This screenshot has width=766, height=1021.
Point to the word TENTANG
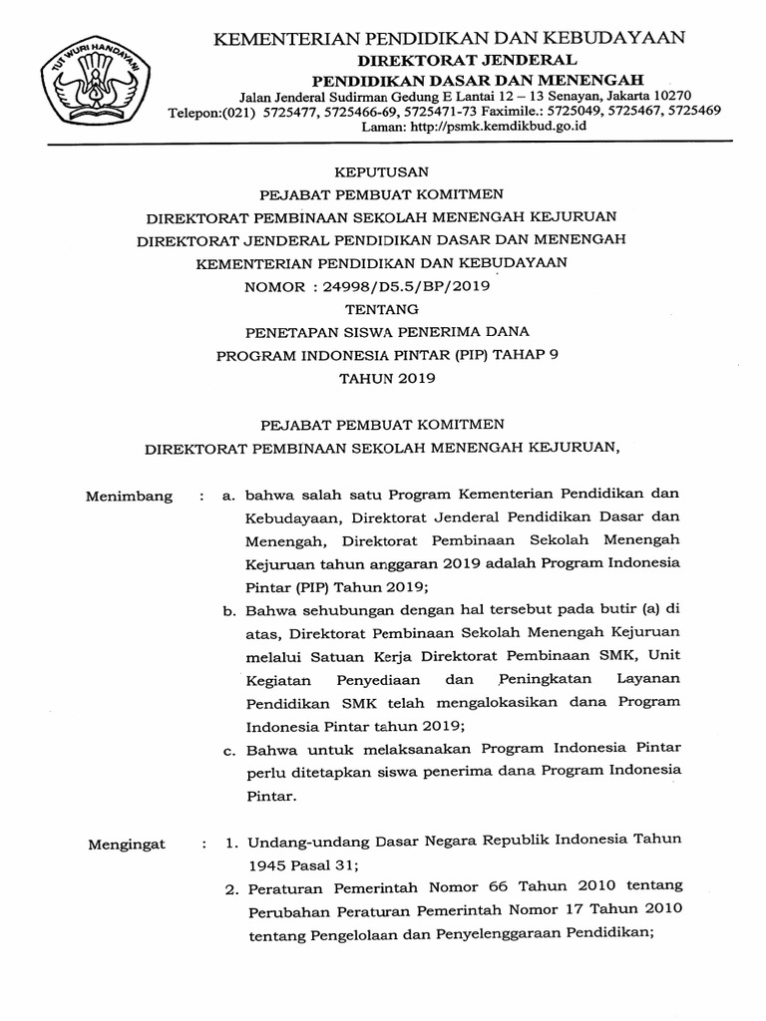381,309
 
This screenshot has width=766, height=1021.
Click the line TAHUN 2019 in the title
381,378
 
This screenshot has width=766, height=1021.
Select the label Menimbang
129,496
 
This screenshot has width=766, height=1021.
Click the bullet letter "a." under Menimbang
228,496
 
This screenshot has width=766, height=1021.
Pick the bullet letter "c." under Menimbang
228,748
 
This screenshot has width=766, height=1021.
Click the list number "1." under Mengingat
228,843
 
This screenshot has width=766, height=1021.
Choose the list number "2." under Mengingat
228,888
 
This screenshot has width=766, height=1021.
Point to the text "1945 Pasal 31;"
295,864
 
